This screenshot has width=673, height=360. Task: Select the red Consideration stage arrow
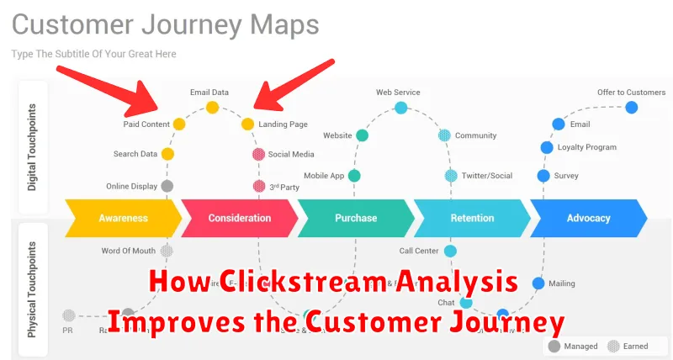(x=239, y=218)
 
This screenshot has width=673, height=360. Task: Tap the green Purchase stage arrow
(x=356, y=218)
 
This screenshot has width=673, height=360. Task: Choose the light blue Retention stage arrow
(x=471, y=218)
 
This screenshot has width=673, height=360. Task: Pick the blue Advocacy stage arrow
(x=588, y=218)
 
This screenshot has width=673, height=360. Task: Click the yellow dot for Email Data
(x=213, y=108)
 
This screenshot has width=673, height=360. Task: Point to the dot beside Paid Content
(x=179, y=124)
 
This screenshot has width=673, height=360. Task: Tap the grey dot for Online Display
(x=167, y=186)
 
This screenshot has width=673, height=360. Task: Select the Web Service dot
(x=401, y=108)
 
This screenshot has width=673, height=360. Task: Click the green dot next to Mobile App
(x=355, y=176)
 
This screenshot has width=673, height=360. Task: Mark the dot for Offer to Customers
(x=631, y=108)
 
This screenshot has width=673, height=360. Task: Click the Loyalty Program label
(x=586, y=147)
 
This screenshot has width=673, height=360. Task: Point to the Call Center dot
(x=450, y=251)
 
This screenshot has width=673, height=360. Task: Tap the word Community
(x=475, y=135)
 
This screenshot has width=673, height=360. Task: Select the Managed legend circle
(x=554, y=346)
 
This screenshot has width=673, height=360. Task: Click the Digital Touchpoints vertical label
(x=33, y=147)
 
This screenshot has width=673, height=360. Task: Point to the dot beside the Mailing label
(x=538, y=283)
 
